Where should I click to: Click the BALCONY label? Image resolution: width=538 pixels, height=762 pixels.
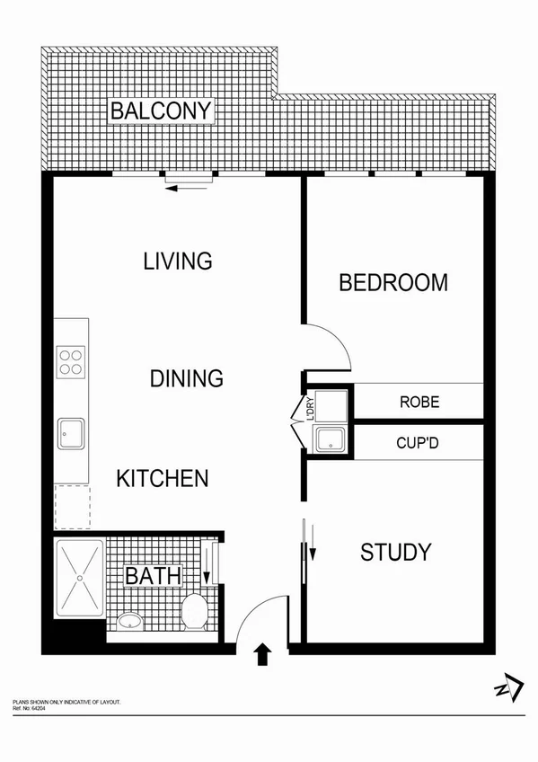tap(161, 111)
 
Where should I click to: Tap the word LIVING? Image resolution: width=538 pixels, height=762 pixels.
tap(178, 261)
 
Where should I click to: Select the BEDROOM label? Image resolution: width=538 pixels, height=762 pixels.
tap(393, 283)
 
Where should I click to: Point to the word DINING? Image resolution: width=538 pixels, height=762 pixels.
tap(186, 378)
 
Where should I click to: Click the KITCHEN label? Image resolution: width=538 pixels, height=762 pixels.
tap(163, 478)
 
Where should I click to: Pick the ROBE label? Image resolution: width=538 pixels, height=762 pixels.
tap(419, 402)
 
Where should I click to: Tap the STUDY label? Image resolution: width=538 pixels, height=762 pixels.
tap(396, 552)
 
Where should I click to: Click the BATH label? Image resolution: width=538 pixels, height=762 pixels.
tap(154, 575)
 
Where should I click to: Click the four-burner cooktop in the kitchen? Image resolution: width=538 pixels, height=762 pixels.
tap(71, 361)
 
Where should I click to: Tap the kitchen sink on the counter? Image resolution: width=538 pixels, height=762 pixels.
tap(71, 433)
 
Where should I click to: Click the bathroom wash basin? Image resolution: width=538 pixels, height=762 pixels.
tap(131, 620)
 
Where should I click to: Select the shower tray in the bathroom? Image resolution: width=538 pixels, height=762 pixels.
tap(79, 578)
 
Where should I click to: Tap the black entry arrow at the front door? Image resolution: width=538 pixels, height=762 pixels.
tap(263, 653)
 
